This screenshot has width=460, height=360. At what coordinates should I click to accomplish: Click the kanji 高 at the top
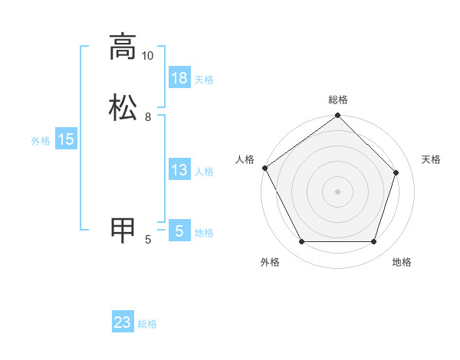(x=123, y=47)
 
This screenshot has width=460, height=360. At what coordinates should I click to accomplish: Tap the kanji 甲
(x=123, y=231)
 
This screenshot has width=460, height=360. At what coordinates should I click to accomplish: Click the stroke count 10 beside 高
(x=147, y=56)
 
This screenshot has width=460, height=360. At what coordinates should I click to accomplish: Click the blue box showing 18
(x=179, y=78)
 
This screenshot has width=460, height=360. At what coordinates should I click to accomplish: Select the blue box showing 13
(x=179, y=170)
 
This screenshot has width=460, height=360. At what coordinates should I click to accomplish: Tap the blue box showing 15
(x=65, y=139)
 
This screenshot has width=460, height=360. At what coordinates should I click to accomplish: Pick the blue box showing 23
(x=123, y=323)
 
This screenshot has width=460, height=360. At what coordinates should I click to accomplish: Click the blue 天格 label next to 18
(x=204, y=80)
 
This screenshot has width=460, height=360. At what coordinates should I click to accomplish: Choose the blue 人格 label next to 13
(x=204, y=172)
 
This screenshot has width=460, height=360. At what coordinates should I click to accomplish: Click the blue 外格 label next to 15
(x=41, y=141)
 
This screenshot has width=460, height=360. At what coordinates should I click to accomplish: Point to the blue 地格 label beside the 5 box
(x=204, y=233)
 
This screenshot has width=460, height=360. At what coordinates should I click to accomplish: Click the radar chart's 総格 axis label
(x=338, y=100)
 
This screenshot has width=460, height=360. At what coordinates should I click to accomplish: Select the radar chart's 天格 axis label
(x=432, y=159)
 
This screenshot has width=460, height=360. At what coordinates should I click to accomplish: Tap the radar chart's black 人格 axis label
(x=245, y=159)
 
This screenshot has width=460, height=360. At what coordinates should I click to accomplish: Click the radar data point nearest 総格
(x=337, y=116)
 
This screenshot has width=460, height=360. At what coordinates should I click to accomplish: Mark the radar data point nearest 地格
(x=373, y=242)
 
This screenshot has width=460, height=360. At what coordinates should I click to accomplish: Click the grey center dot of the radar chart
(x=337, y=191)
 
